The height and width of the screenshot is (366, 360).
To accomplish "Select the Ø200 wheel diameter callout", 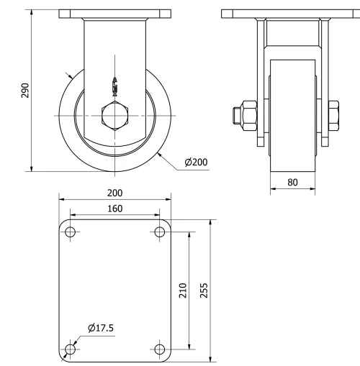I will (x=195, y=163).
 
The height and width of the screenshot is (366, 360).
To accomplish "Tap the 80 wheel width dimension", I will (x=292, y=183).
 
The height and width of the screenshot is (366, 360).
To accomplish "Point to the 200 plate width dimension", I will (x=114, y=193).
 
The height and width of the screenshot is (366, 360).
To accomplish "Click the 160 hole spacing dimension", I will (x=114, y=209).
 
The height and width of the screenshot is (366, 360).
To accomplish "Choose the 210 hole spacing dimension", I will (x=183, y=290).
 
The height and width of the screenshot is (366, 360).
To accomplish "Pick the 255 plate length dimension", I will (x=204, y=290).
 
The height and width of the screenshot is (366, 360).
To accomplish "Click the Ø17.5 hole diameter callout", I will (x=101, y=329).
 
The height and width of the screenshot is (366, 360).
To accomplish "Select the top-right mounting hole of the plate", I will (x=160, y=232).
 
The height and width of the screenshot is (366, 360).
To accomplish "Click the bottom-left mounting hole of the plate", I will (x=70, y=349).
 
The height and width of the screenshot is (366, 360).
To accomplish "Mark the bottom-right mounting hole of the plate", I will (x=160, y=349).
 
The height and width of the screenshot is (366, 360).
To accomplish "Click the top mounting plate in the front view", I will (x=115, y=14).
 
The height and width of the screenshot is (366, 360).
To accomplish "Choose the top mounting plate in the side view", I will (x=293, y=14).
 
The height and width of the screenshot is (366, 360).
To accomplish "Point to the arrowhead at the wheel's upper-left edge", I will (x=70, y=75).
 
